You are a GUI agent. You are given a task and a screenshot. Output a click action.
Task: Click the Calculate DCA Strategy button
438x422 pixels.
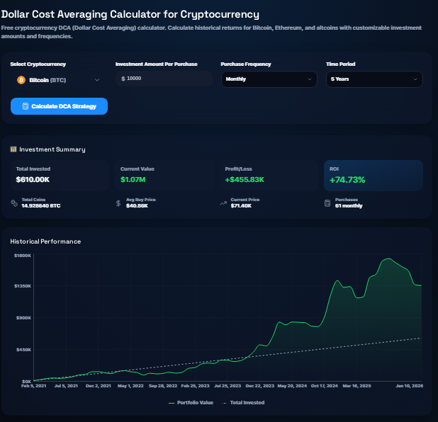pyautogui.click(x=59, y=106)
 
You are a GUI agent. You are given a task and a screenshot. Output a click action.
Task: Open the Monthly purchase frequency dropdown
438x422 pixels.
pyautogui.click(x=269, y=79)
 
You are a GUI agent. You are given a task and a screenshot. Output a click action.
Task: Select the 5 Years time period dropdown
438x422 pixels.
pyautogui.click(x=375, y=79)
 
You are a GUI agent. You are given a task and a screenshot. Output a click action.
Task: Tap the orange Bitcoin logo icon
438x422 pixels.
pyautogui.click(x=21, y=80)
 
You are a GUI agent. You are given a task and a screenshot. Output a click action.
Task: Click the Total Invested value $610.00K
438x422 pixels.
pyautogui.click(x=33, y=180)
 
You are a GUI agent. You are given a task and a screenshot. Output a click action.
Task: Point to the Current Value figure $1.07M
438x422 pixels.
pyautogui.click(x=133, y=180)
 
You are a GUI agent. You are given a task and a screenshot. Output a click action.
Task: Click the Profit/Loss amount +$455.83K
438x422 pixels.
pyautogui.click(x=245, y=180)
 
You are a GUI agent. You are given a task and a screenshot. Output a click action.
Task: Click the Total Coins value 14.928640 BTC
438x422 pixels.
pyautogui.click(x=41, y=206)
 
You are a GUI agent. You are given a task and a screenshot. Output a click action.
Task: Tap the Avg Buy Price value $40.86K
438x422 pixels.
pyautogui.click(x=137, y=206)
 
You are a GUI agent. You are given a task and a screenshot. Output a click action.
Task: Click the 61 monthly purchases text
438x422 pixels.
pyautogui.click(x=348, y=206)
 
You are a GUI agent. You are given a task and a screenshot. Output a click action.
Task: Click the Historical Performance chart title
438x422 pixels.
pyautogui.click(x=45, y=241)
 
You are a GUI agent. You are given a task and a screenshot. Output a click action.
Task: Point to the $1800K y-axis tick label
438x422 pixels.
pyautogui.click(x=23, y=255)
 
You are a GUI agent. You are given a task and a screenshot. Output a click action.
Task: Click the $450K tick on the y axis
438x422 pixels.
pyautogui.click(x=23, y=349)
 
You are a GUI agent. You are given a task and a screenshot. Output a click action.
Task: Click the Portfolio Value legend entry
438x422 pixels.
pyautogui.click(x=191, y=402)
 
